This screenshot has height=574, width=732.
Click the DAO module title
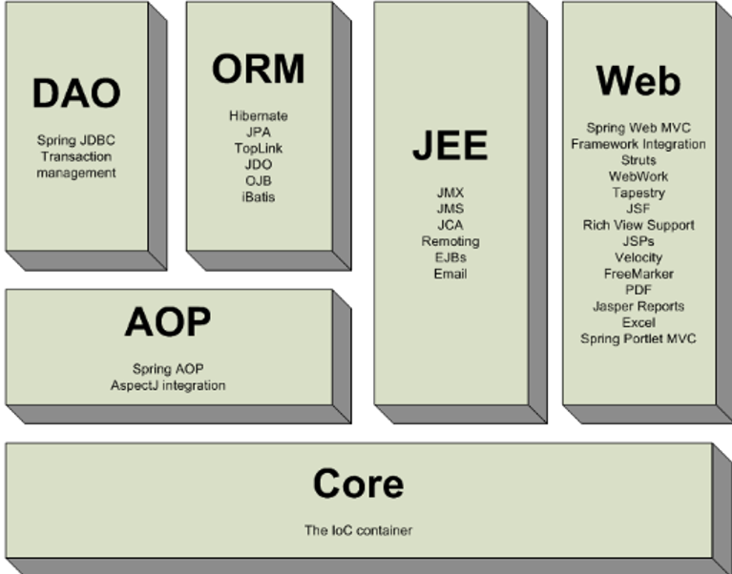(76, 93)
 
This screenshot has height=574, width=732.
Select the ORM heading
(258, 70)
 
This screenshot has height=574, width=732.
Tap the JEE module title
(450, 145)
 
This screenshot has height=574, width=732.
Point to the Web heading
(638, 81)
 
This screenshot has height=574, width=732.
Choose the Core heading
(358, 484)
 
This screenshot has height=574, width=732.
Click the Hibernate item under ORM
(258, 116)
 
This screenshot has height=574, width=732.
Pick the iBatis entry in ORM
(258, 197)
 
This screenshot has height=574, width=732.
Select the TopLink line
(258, 149)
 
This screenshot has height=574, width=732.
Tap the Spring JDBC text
(76, 140)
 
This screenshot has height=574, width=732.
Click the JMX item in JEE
(450, 193)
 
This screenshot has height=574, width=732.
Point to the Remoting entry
(450, 241)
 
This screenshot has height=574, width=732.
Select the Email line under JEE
(450, 274)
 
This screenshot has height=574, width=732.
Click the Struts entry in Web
(638, 160)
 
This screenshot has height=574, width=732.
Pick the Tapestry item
(638, 193)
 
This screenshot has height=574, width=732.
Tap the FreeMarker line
(638, 274)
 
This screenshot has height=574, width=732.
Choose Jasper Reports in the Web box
(638, 306)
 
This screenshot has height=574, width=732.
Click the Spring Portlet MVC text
(638, 338)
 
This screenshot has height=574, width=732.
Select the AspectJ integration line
(168, 385)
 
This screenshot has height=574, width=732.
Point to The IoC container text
(358, 530)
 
